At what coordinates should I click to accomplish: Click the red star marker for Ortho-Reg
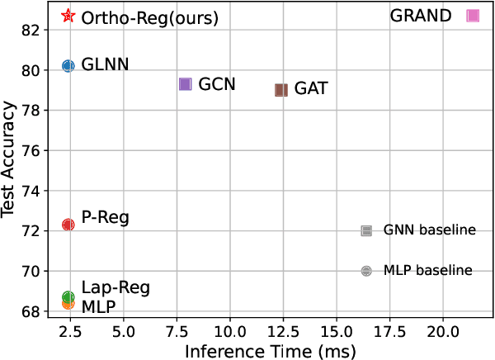pyautogui.click(x=68, y=16)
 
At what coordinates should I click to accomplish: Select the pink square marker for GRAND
pyautogui.click(x=473, y=16)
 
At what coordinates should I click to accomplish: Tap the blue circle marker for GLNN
pyautogui.click(x=68, y=66)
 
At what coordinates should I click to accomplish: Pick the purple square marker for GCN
pyautogui.click(x=186, y=84)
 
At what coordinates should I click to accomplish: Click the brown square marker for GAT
pyautogui.click(x=281, y=90)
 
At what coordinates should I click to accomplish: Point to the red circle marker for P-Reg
pyautogui.click(x=68, y=225)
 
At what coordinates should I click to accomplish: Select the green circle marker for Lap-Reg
pyautogui.click(x=68, y=296)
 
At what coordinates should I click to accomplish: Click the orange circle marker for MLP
pyautogui.click(x=68, y=304)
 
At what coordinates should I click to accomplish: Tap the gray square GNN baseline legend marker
pyautogui.click(x=366, y=230)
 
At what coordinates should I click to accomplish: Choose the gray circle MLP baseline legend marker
pyautogui.click(x=366, y=271)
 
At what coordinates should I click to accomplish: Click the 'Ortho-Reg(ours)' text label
pyautogui.click(x=149, y=17)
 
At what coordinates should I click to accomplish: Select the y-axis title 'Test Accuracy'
pyautogui.click(x=10, y=159)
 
